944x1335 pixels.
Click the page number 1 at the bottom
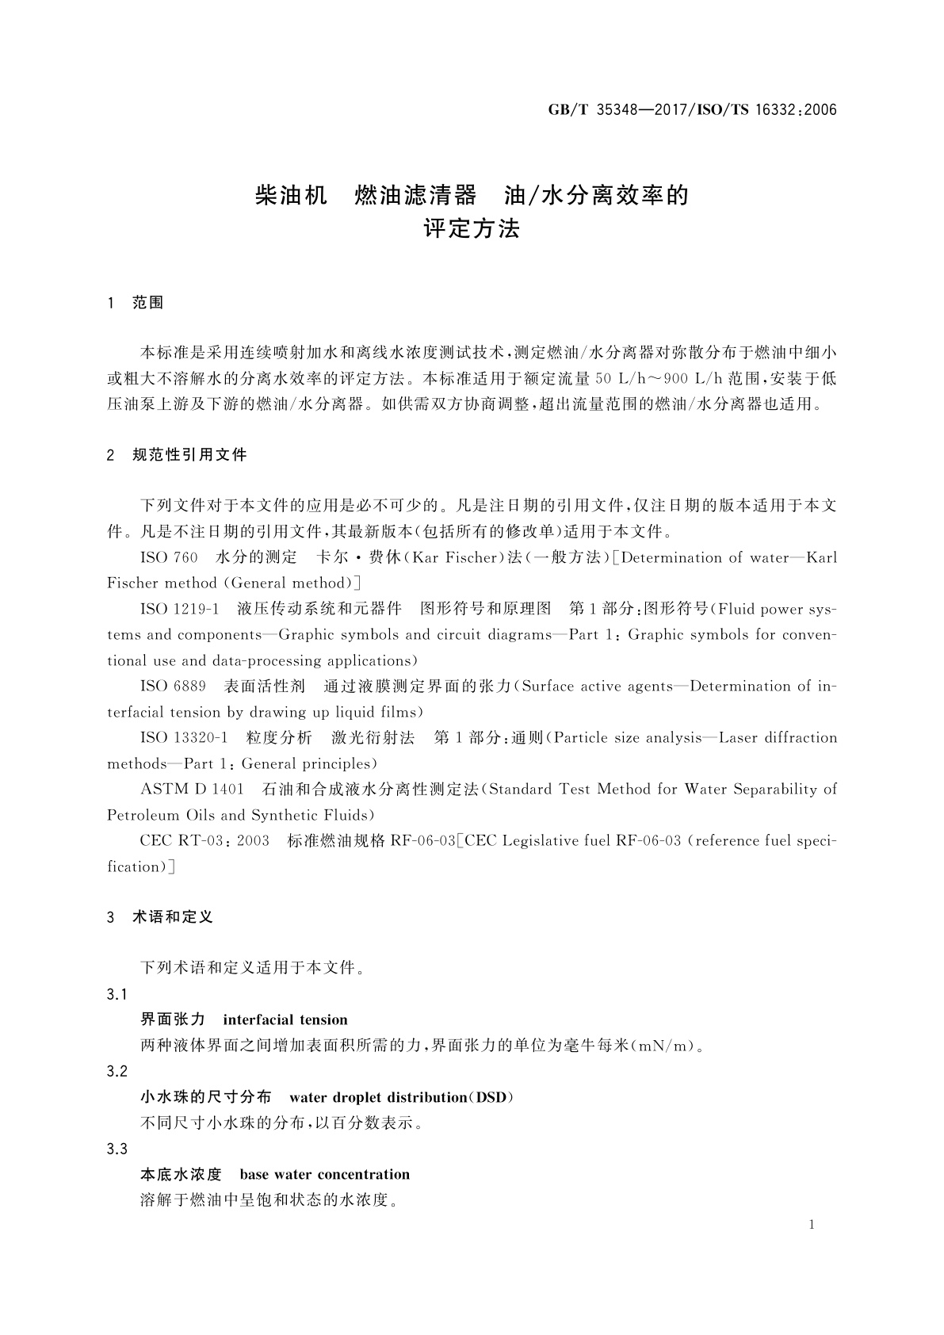pyautogui.click(x=812, y=1225)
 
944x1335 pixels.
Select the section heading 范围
pyautogui.click(x=148, y=303)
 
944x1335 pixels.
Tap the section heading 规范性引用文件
pyautogui.click(x=190, y=455)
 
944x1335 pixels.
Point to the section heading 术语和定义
pyautogui.click(x=173, y=917)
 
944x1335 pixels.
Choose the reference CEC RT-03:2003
pyautogui.click(x=204, y=840)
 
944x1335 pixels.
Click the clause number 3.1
pyautogui.click(x=117, y=994)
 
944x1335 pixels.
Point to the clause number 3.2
pyautogui.click(x=117, y=1071)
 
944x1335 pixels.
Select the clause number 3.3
pyautogui.click(x=117, y=1149)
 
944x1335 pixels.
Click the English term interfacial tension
pyautogui.click(x=285, y=1019)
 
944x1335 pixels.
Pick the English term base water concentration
pyautogui.click(x=324, y=1174)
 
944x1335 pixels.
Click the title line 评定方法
pyautogui.click(x=472, y=230)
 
